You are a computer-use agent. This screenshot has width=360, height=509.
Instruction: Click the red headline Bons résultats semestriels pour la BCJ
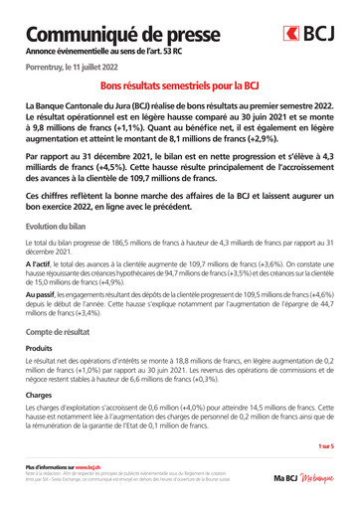click(x=179, y=85)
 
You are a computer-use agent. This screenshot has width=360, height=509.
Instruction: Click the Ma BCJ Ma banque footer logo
click(x=303, y=478)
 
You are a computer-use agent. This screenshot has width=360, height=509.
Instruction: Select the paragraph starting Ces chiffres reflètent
click(x=179, y=204)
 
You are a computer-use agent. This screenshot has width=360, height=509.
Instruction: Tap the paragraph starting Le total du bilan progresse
click(x=179, y=249)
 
